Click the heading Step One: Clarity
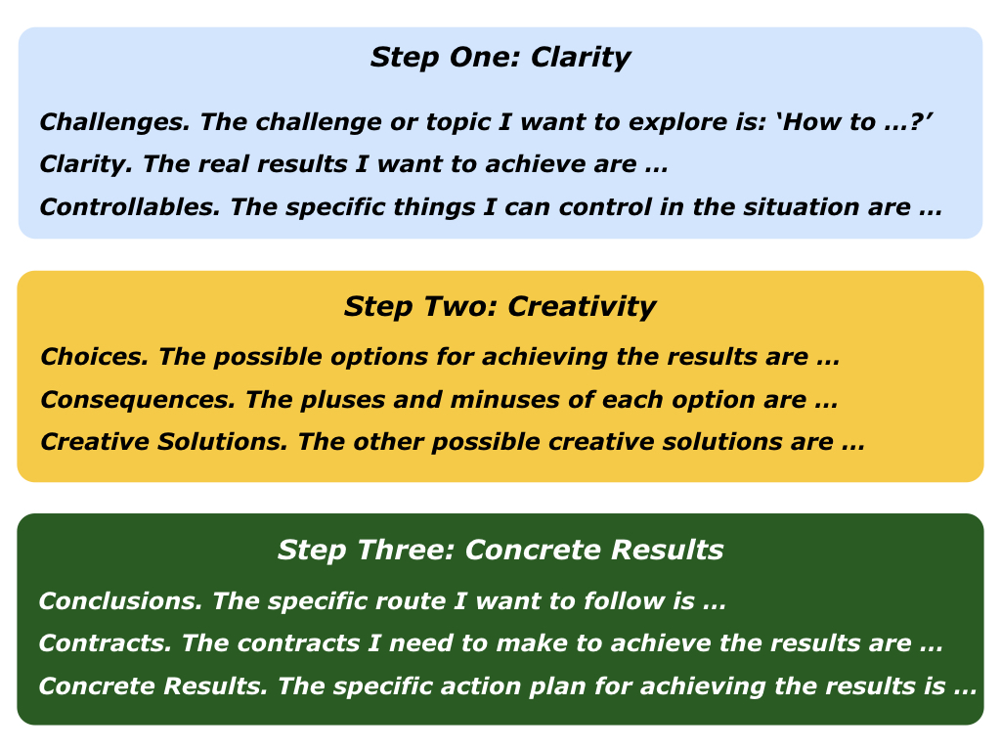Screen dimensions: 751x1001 coord(500,57)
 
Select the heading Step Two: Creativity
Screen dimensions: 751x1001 coord(500,306)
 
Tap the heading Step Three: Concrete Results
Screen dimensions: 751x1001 coord(500,550)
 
